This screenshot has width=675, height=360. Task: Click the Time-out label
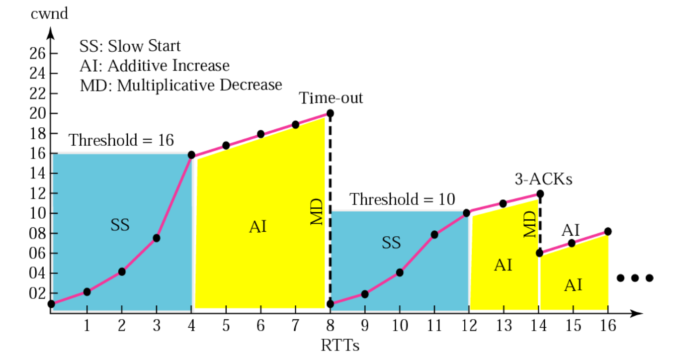click(331, 98)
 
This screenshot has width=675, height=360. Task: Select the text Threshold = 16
click(121, 140)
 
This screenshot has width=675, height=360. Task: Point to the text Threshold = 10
click(402, 199)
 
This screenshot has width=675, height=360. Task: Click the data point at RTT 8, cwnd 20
click(330, 113)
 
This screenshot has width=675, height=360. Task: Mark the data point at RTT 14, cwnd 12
click(540, 193)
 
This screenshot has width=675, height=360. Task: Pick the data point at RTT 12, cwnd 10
click(466, 213)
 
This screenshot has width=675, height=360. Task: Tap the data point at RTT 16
click(608, 232)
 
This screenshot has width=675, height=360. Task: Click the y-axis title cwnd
click(49, 13)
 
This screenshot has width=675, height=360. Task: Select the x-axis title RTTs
click(339, 345)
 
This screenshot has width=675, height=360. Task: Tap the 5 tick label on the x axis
click(226, 326)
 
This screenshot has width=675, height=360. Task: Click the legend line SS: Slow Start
click(130, 46)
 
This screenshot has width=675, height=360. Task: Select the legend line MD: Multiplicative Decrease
click(181, 85)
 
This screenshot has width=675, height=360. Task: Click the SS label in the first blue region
click(120, 225)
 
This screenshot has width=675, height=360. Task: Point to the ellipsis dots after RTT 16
click(635, 278)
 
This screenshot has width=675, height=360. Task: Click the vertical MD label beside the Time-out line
click(317, 212)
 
